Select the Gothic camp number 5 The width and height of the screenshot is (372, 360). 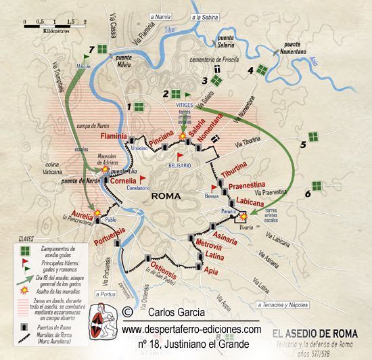pyautogui.click(x=304, y=144)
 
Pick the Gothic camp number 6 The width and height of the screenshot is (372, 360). pyautogui.click(x=307, y=193)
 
